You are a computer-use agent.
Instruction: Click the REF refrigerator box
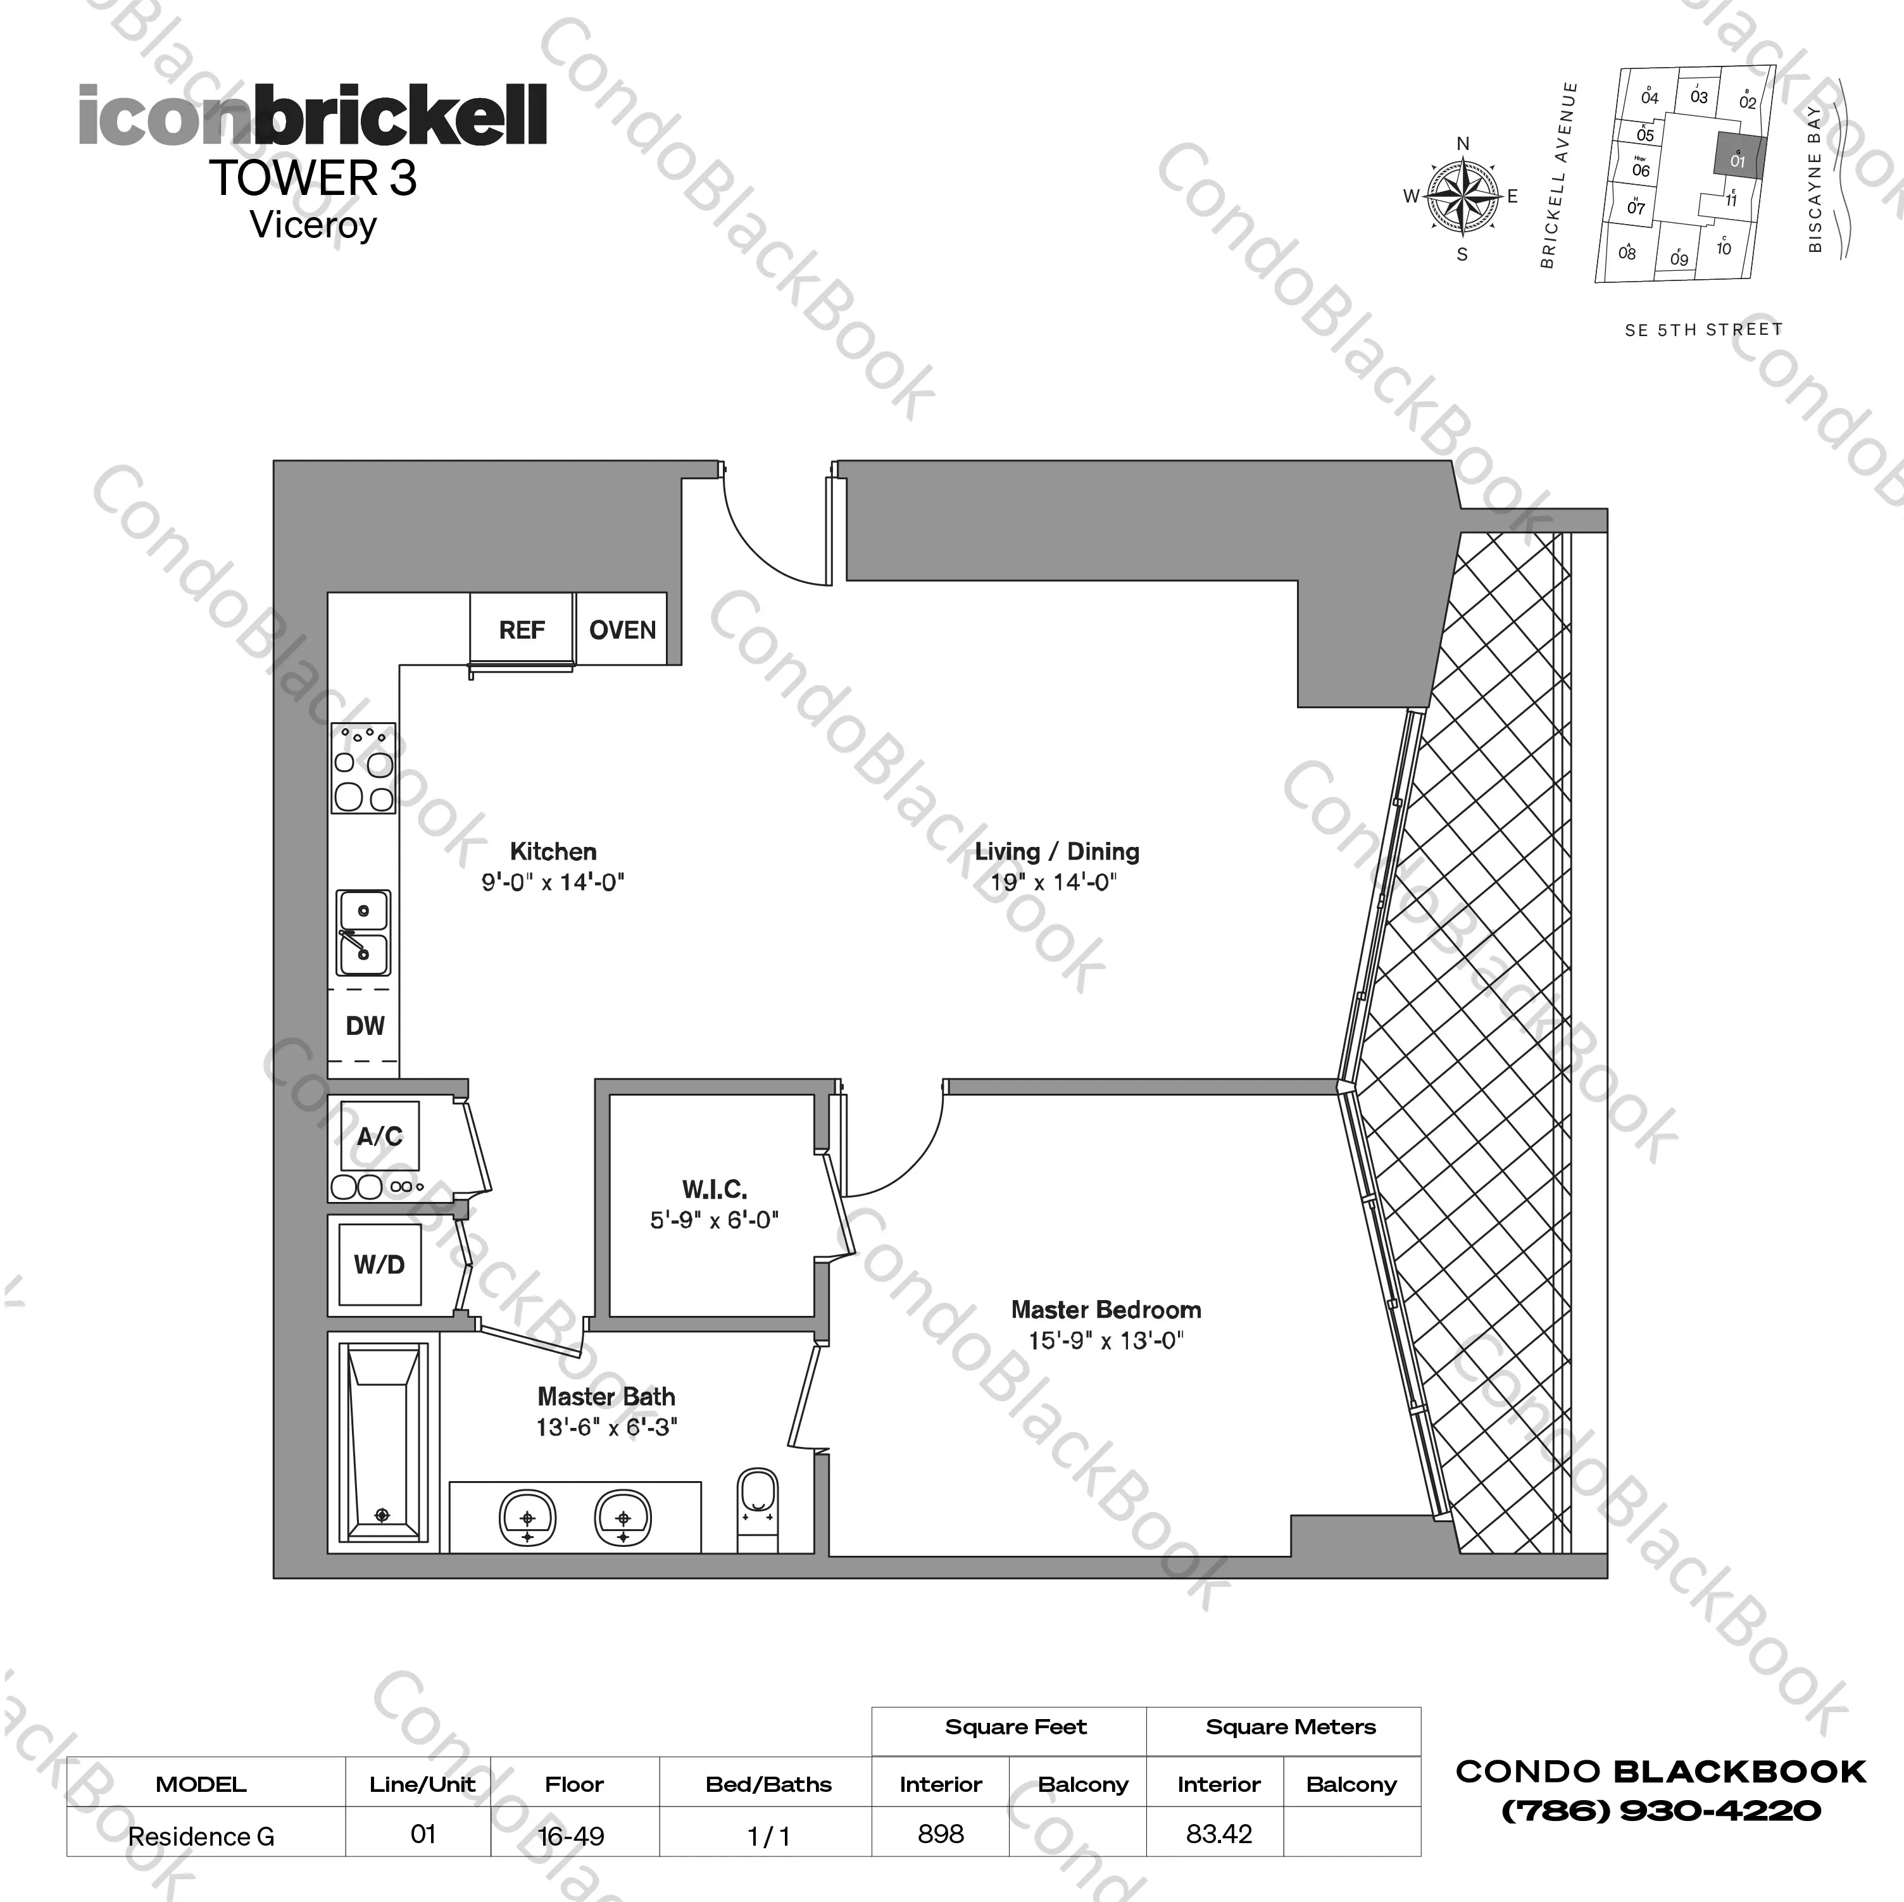coord(522,630)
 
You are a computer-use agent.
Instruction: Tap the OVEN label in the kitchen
coord(622,630)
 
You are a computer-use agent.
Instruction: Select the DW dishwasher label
coord(365,1026)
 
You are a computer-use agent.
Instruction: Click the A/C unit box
coord(379,1136)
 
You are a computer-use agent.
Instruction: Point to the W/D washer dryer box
coord(379,1265)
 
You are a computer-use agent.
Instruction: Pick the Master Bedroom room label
coord(1106,1310)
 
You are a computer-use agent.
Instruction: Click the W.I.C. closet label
coord(715,1189)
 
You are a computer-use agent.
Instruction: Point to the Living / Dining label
coord(1056,851)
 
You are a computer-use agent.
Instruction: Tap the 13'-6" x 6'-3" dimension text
coord(606,1427)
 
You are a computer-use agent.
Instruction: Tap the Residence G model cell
coord(202,1836)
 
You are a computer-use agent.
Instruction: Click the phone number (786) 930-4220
coord(1660,1810)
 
